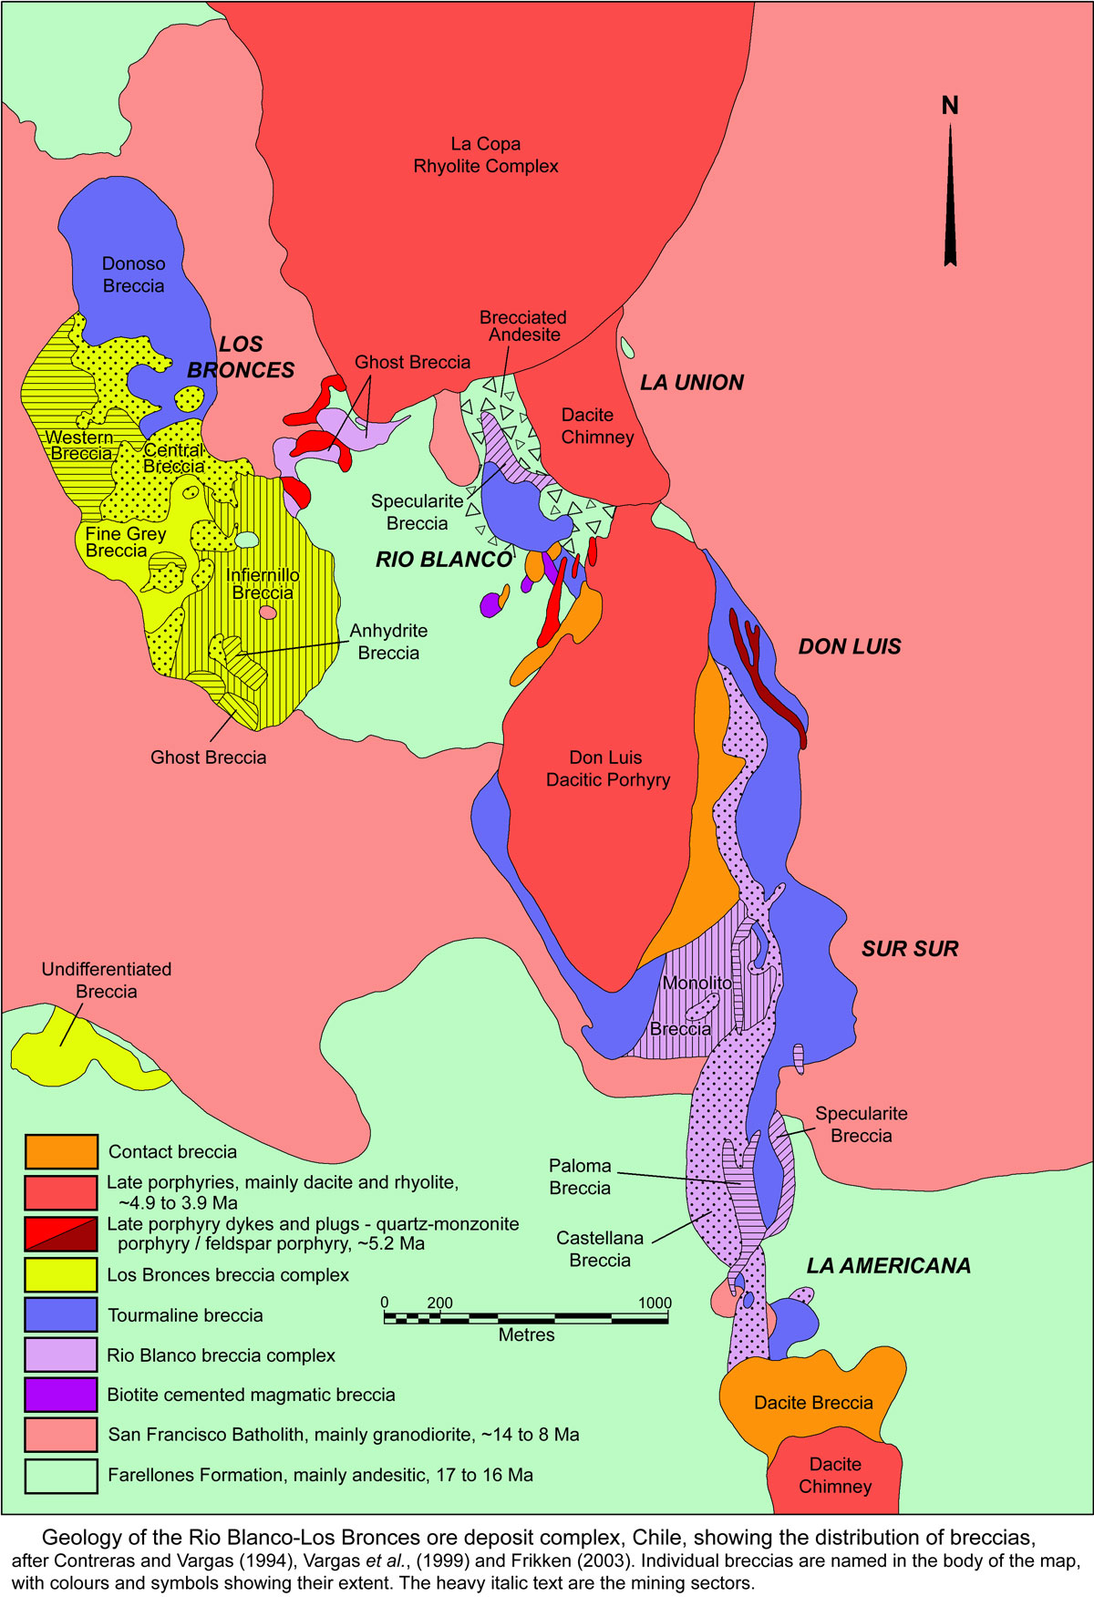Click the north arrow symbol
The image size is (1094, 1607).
tap(950, 196)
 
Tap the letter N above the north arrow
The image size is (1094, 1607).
tap(950, 106)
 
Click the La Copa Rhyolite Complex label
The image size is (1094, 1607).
tap(486, 155)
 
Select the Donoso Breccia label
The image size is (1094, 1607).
tap(133, 274)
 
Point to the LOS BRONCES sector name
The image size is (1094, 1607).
tap(241, 356)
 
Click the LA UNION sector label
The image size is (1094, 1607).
tap(692, 383)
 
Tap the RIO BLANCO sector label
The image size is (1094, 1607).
tap(444, 560)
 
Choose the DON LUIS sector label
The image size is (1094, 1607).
tap(850, 646)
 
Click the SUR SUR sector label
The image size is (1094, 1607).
tap(910, 949)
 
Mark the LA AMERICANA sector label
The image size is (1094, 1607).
tap(888, 1265)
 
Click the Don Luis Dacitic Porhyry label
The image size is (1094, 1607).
tap(607, 768)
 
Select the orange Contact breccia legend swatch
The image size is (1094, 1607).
tap(61, 1151)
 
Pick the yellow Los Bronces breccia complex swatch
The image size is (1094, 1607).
tap(61, 1274)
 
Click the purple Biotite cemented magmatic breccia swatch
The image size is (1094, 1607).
tap(61, 1395)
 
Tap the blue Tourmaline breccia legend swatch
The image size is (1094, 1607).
tap(61, 1314)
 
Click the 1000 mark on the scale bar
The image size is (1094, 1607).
tap(655, 1303)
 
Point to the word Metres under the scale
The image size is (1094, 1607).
tap(526, 1334)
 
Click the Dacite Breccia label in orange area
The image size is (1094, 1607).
tap(813, 1402)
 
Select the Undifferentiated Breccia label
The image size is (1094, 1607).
tap(106, 980)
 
